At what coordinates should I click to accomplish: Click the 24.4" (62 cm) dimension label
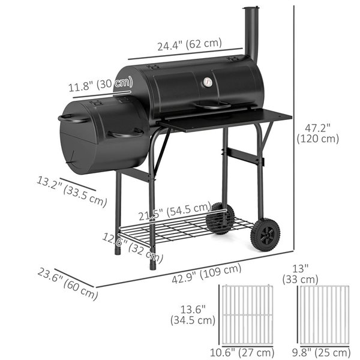pyautogui.click(x=190, y=44)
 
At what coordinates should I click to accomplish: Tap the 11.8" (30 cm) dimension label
pyautogui.click(x=100, y=85)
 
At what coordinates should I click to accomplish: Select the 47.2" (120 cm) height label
pyautogui.click(x=317, y=133)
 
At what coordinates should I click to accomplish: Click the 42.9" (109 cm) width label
pyautogui.click(x=207, y=274)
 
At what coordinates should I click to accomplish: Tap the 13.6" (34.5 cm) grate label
pyautogui.click(x=193, y=314)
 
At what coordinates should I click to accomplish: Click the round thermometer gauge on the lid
pyautogui.click(x=208, y=83)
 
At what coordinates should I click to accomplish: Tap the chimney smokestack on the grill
pyautogui.click(x=251, y=33)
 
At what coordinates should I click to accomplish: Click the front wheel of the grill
pyautogui.click(x=265, y=235)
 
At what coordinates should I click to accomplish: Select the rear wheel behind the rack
pyautogui.click(x=220, y=218)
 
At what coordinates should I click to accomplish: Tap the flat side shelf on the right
pyautogui.click(x=228, y=119)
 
